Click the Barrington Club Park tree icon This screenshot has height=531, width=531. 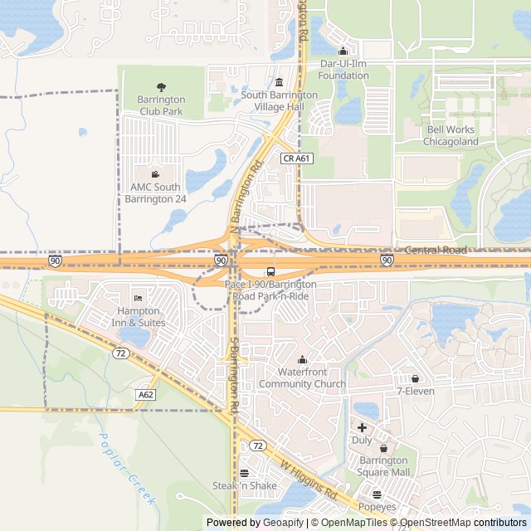pos(161,86)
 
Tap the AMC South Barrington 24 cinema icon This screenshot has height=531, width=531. pos(155,173)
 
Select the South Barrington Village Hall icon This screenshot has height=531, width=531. pos(279,82)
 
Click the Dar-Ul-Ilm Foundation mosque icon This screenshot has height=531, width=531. pos(343,51)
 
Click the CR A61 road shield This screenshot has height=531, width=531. pos(296,158)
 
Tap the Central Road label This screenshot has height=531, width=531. pos(436,250)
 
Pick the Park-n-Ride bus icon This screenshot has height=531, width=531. pos(271,271)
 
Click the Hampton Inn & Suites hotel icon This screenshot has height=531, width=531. pos(138,298)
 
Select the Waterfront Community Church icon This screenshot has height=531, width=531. pos(302,360)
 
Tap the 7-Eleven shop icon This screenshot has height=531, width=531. pos(415,378)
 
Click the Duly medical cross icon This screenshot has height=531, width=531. pos(362,427)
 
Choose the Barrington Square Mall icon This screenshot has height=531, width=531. pos(383,448)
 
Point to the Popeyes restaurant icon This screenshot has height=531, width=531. pos(378,494)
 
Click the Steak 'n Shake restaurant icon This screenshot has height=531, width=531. pos(244,473)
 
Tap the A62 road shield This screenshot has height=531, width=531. pos(147,395)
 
